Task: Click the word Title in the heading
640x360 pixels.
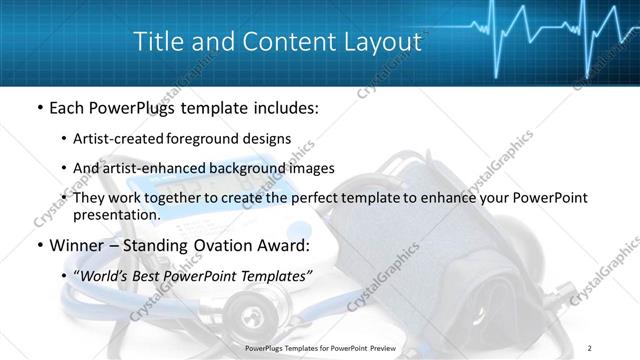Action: pyautogui.click(x=159, y=43)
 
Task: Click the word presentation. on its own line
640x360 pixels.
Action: pyautogui.click(x=117, y=215)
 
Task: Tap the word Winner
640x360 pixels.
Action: pyautogui.click(x=73, y=244)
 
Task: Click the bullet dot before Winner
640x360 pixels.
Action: pyautogui.click(x=39, y=245)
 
